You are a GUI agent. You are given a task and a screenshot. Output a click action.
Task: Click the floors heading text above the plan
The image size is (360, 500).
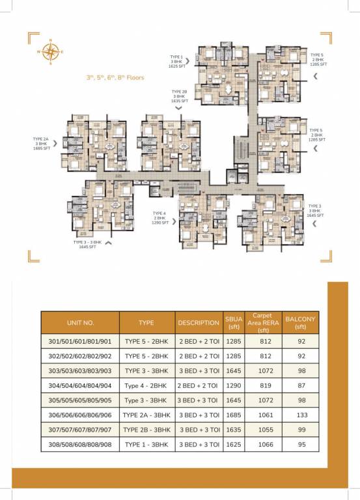115,77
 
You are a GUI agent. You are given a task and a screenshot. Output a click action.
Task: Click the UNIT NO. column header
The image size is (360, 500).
80,322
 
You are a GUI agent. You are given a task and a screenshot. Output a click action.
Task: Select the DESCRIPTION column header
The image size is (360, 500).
198,322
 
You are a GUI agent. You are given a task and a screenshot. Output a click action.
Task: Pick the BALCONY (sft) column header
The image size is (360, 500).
300,322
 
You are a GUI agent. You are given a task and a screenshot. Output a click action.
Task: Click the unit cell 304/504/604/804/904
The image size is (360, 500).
80,387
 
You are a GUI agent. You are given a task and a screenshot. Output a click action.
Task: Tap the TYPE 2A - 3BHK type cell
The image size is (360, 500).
146,415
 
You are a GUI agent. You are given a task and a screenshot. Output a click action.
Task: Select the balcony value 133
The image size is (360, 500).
300,415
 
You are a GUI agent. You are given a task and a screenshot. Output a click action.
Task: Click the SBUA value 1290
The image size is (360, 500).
233,387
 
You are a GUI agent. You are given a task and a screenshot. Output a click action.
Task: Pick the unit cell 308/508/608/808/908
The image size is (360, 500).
80,443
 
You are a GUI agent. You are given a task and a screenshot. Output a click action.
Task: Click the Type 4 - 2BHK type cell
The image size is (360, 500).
146,387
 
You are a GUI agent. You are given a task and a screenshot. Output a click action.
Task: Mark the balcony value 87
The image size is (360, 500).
300,387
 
